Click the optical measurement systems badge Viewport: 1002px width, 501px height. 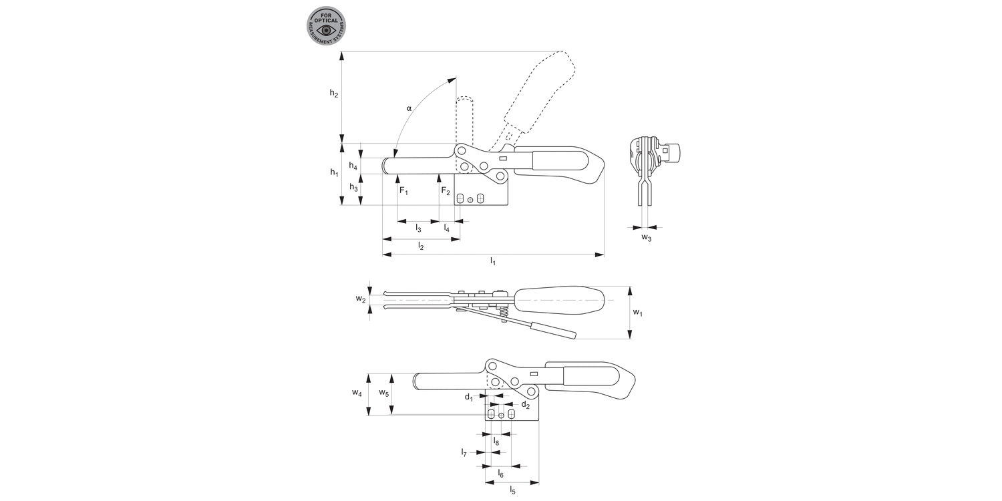coord(327,27)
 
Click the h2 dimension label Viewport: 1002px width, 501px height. coord(334,94)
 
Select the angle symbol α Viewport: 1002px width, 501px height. coord(409,108)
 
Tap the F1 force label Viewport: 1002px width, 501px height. coord(403,191)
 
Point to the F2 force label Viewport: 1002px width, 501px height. coord(446,191)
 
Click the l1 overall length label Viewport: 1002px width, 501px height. coord(493,261)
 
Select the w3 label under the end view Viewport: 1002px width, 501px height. coord(647,238)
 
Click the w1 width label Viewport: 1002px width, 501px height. coord(638,313)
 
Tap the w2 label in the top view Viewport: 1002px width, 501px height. coord(361,299)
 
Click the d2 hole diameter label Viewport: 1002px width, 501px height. coord(525,405)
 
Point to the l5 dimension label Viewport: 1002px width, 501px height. coord(512,490)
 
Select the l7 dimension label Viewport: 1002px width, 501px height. coord(464,453)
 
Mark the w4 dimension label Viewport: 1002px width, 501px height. coord(357,393)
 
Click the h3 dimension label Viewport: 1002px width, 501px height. coord(353,189)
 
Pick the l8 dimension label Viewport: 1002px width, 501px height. coord(496,442)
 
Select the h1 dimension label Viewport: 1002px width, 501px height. coord(334,173)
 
